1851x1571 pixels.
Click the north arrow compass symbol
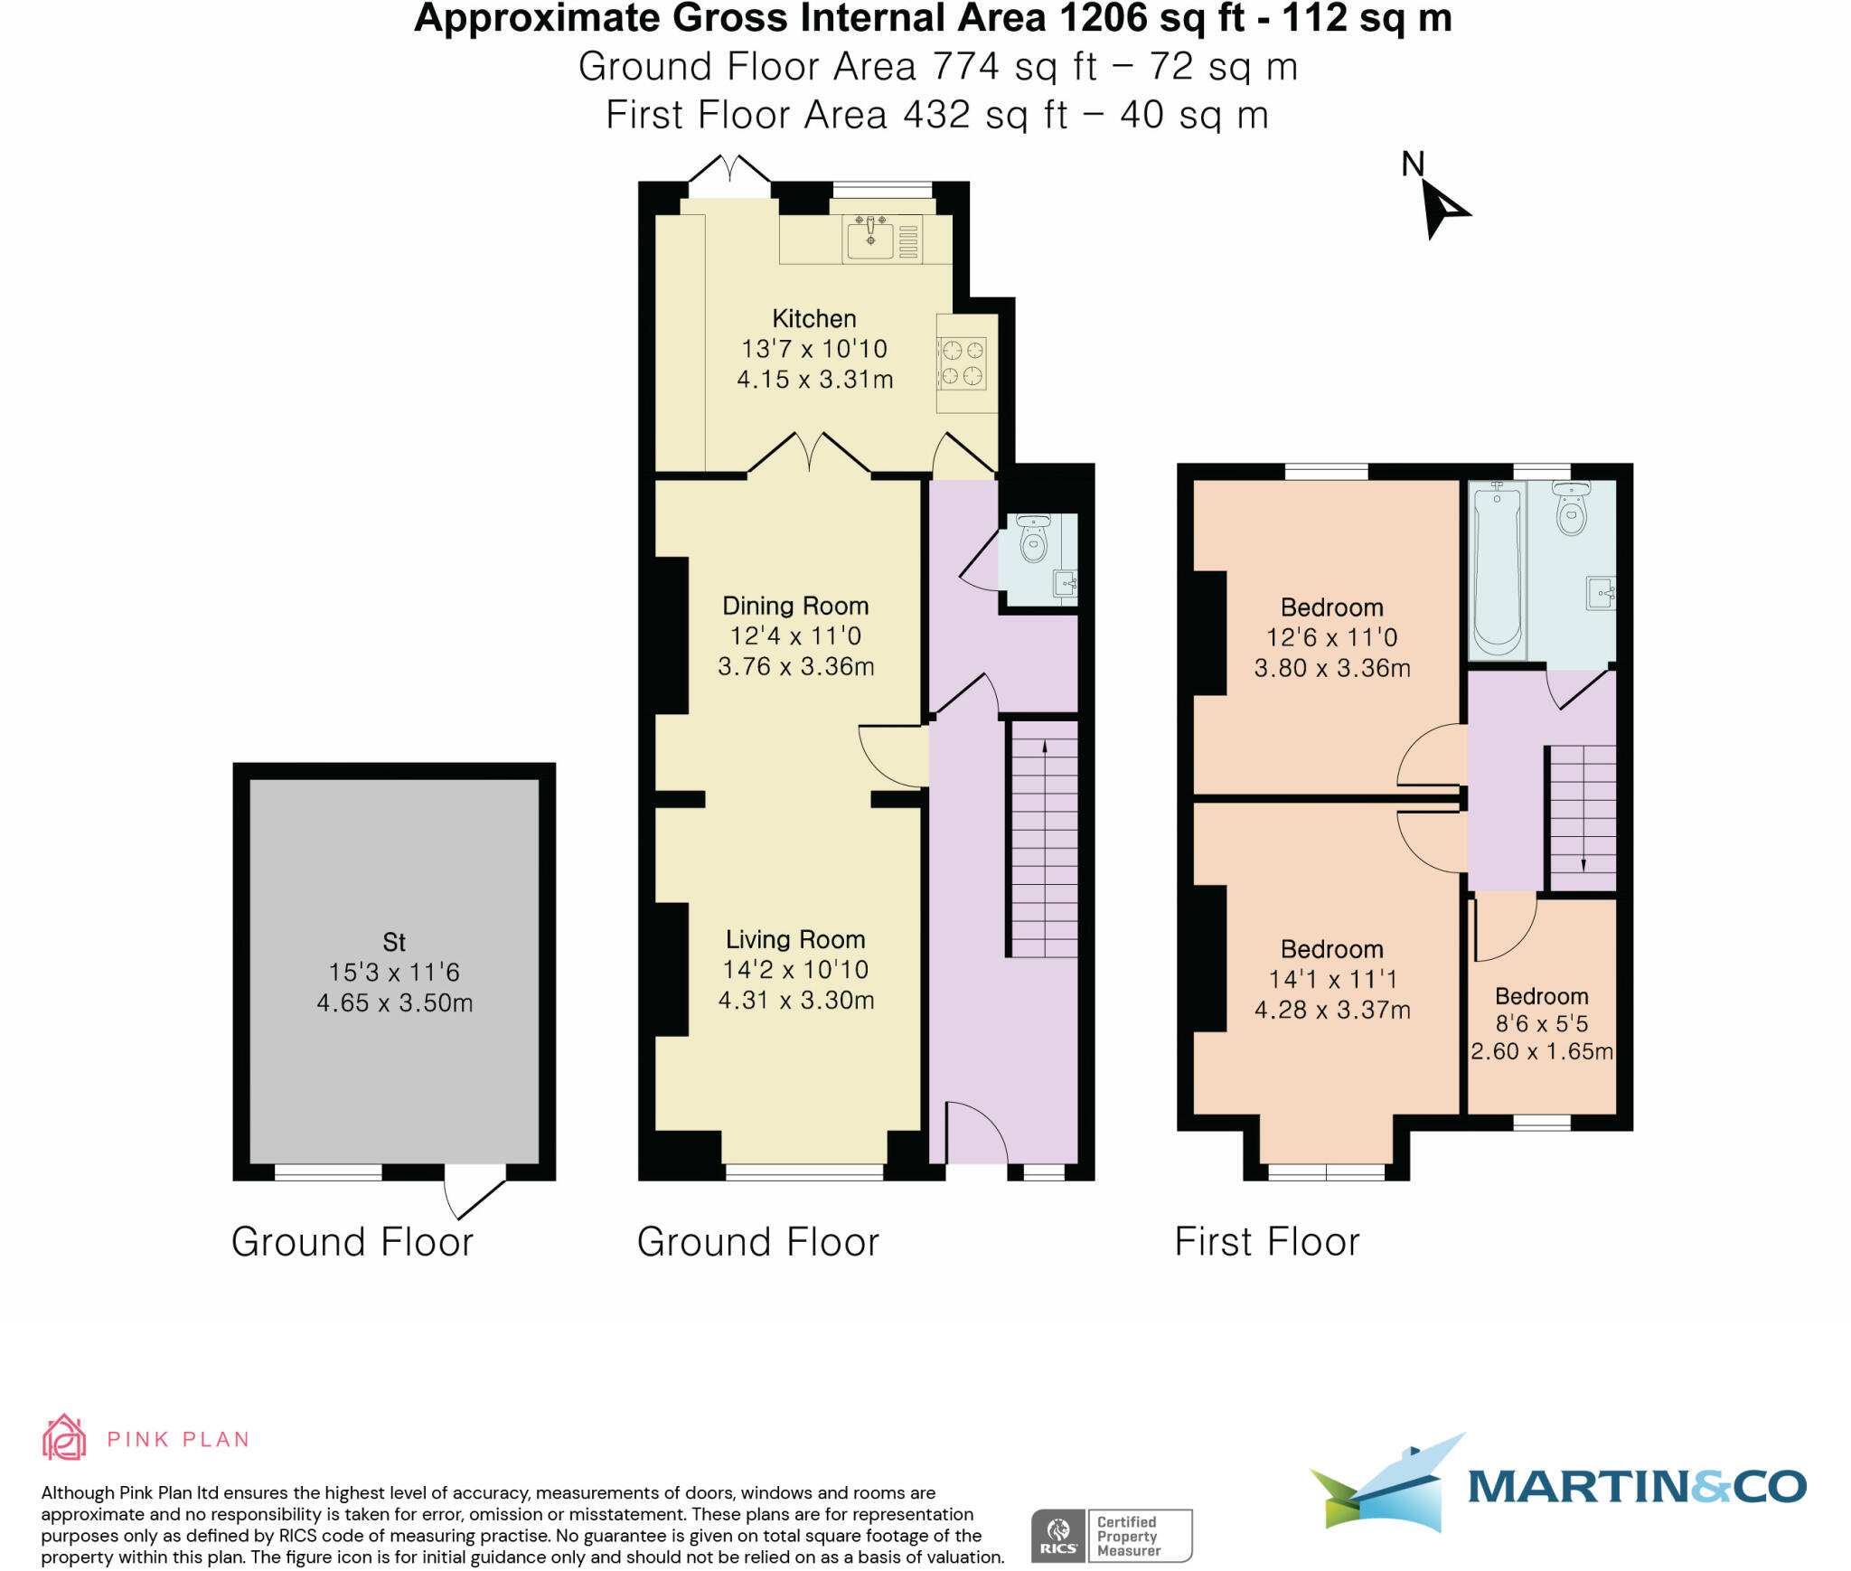click(x=1443, y=208)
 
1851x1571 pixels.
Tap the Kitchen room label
click(x=813, y=318)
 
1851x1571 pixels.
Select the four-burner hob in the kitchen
click(x=961, y=362)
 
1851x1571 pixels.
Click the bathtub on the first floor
click(x=1497, y=569)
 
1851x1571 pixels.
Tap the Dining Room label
click(x=795, y=606)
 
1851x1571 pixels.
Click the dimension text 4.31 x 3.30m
click(x=795, y=1001)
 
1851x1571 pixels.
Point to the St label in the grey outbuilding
click(x=394, y=942)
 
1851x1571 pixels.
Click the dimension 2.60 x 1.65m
click(x=1541, y=1051)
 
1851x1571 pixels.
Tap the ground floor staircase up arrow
click(x=1045, y=747)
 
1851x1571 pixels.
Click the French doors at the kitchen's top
click(x=729, y=171)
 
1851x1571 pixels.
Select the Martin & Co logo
click(x=1555, y=1485)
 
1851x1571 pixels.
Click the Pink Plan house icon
click(x=64, y=1438)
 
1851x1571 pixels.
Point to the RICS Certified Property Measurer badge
click(x=1111, y=1536)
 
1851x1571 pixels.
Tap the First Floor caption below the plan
click(x=1266, y=1241)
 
